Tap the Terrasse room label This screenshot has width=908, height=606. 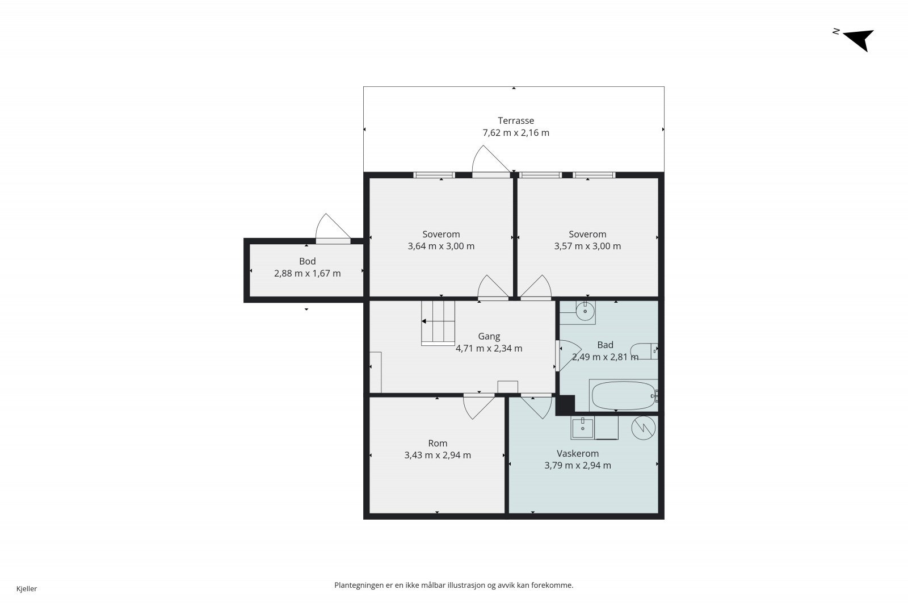point(516,120)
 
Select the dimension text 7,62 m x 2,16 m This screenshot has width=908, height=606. point(516,133)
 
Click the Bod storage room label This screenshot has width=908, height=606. point(307,261)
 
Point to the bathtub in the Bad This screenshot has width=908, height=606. point(624,395)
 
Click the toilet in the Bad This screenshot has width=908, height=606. point(644,351)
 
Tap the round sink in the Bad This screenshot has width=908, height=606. point(585,311)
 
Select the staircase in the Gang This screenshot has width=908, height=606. point(438,323)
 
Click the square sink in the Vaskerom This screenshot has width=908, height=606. point(582,428)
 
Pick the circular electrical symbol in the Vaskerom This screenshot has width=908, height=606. point(644,428)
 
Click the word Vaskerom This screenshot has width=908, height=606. point(578,453)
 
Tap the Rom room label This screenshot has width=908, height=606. point(438,444)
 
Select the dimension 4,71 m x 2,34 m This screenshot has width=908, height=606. point(489,348)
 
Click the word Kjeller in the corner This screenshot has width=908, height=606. point(27,588)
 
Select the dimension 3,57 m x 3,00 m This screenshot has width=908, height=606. point(587,246)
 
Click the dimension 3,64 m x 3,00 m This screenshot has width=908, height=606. point(441,246)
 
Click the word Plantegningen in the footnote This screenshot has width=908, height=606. point(359,586)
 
